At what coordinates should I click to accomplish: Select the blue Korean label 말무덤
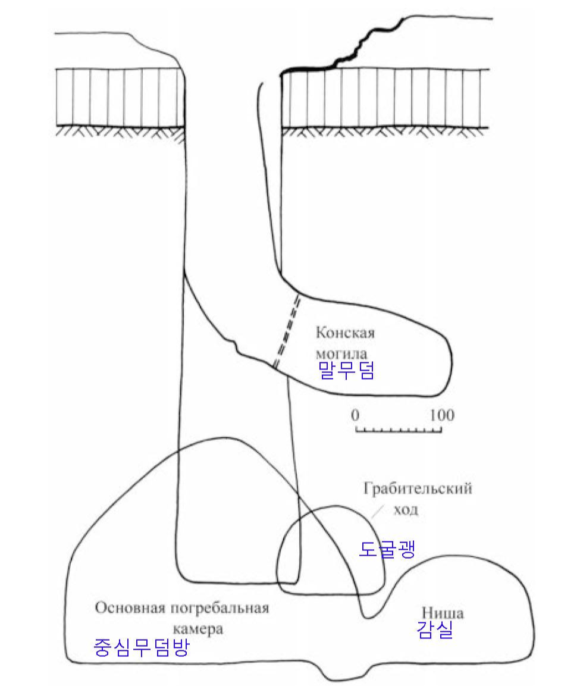347,372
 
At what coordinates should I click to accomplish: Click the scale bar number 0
355,414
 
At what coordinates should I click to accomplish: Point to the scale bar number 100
441,414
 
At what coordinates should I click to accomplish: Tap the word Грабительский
417,489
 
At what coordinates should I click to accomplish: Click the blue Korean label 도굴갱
387,549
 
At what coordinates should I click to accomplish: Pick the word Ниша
442,613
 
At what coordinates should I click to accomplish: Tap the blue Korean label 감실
435,631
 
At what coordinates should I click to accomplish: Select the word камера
198,629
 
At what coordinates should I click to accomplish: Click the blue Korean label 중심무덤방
142,647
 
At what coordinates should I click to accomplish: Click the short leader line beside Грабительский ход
377,510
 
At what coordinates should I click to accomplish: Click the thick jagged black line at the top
345,57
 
